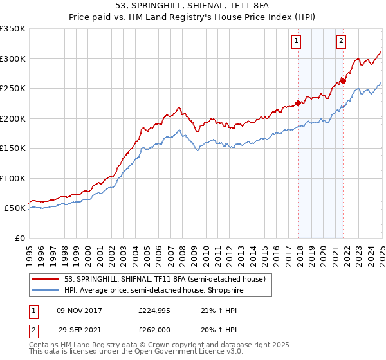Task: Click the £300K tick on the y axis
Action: click(13, 59)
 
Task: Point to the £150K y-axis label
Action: click(13, 148)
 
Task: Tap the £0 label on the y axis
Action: click(19, 238)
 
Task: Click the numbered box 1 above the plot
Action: click(296, 41)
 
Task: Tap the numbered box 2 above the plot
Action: click(340, 41)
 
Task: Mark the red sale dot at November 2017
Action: click(299, 103)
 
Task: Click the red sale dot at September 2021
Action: click(344, 81)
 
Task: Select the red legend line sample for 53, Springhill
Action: click(45, 279)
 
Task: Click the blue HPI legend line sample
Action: click(45, 291)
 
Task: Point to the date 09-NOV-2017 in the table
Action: click(80, 310)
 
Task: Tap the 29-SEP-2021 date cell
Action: click(80, 330)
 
